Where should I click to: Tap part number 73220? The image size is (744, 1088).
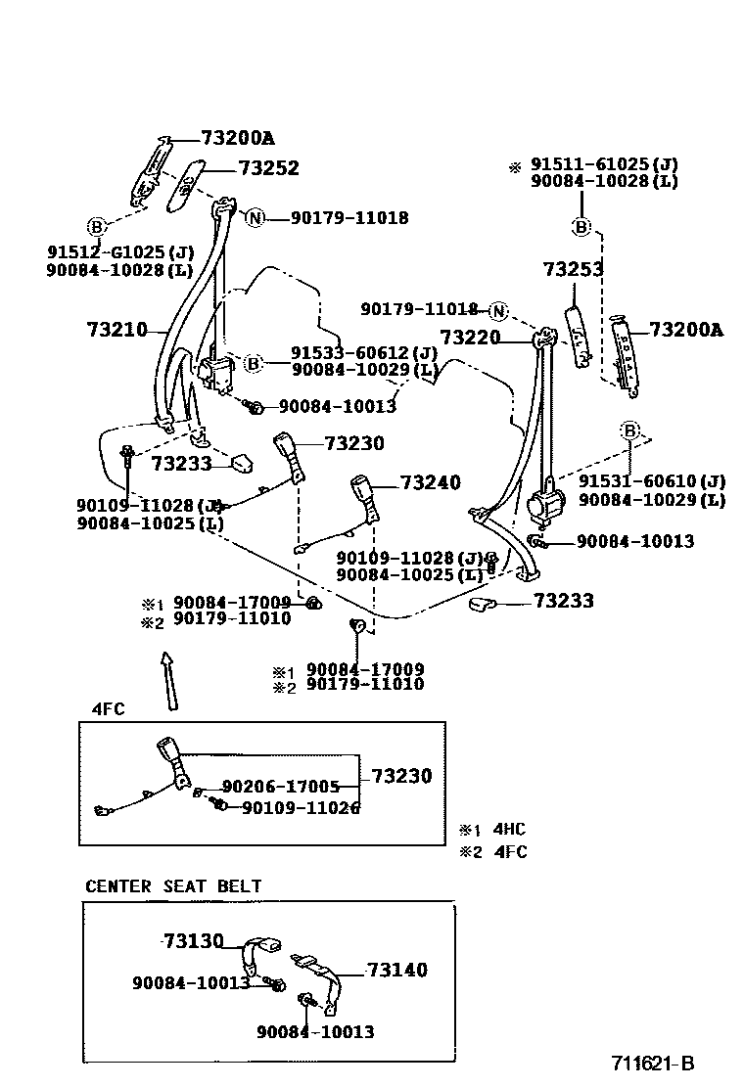point(470,338)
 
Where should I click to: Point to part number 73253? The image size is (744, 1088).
point(573,269)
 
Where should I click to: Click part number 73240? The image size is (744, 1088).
point(430,482)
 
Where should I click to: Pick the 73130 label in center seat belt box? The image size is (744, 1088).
point(193,940)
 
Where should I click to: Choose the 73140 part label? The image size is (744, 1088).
point(397,970)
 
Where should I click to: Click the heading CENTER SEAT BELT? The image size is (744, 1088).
point(173,886)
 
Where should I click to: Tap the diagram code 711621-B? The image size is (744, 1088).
point(653,1064)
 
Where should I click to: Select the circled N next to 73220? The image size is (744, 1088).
point(499,311)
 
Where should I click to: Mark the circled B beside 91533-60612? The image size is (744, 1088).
point(253,364)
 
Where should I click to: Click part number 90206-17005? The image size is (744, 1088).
point(280,786)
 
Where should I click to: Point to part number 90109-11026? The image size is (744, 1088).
point(300,807)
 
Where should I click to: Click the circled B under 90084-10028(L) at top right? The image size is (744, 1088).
point(581,227)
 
